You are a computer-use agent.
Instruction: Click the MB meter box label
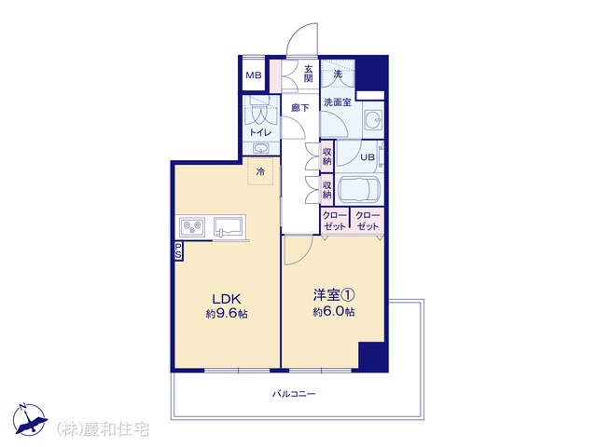pyautogui.click(x=253, y=74)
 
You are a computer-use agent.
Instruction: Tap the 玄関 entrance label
pyautogui.click(x=309, y=74)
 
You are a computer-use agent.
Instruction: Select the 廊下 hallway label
pyautogui.click(x=299, y=108)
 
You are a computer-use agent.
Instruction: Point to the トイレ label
pyautogui.click(x=260, y=132)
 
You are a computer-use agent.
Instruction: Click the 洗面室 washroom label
pyautogui.click(x=338, y=102)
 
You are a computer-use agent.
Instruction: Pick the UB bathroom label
pyautogui.click(x=368, y=157)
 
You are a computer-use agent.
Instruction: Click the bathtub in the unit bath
pyautogui.click(x=357, y=189)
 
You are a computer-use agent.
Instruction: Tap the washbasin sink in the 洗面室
pyautogui.click(x=373, y=120)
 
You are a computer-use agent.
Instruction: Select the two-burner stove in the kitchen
pyautogui.click(x=192, y=227)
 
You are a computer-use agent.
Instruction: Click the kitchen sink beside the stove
pyautogui.click(x=228, y=227)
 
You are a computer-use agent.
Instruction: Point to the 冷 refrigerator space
pyautogui.click(x=260, y=171)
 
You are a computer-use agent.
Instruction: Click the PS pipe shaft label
pyautogui.click(x=178, y=251)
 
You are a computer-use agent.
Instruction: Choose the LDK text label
pyautogui.click(x=227, y=299)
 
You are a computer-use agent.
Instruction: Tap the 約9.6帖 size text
pyautogui.click(x=227, y=314)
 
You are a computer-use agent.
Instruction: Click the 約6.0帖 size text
pyautogui.click(x=334, y=312)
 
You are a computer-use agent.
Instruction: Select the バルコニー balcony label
pyautogui.click(x=294, y=394)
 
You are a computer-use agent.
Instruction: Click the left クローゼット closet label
pyautogui.click(x=334, y=221)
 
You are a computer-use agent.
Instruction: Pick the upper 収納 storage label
pyautogui.click(x=327, y=156)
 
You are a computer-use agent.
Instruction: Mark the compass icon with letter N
pyautogui.click(x=30, y=419)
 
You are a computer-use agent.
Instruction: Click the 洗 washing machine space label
pyautogui.click(x=338, y=74)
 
